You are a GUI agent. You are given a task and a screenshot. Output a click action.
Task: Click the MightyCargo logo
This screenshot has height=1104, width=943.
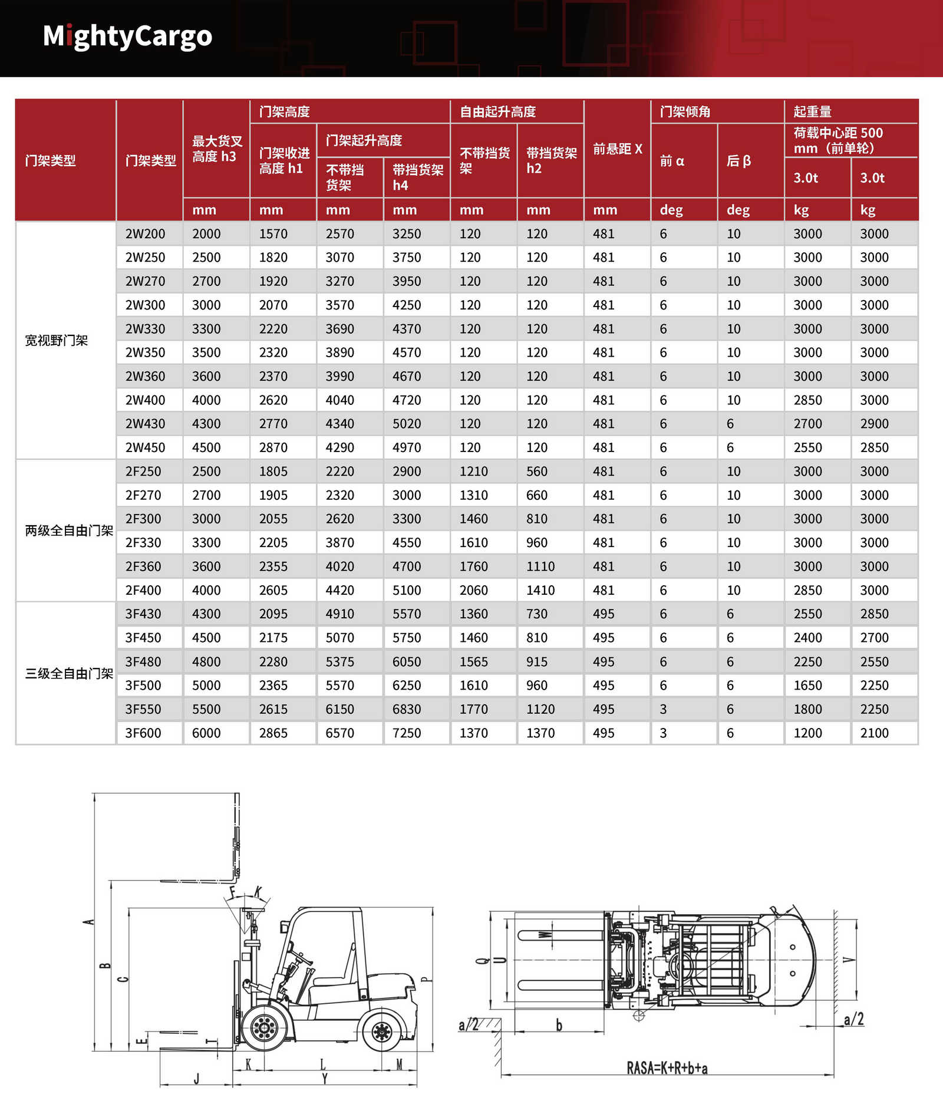point(127,37)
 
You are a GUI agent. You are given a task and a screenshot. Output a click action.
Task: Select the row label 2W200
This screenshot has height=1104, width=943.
point(145,234)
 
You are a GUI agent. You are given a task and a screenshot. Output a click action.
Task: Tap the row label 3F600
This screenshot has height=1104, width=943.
point(143,733)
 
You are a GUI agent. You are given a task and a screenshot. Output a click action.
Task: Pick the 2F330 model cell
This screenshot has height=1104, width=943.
point(143,543)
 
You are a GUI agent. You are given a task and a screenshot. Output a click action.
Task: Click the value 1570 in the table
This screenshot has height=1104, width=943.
point(273,234)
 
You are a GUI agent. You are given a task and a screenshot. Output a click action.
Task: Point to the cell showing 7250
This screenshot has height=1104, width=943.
point(407,733)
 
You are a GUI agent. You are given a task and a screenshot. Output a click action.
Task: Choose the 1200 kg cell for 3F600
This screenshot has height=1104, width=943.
point(807,733)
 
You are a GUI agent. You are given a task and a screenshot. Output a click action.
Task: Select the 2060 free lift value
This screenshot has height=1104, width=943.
point(474,590)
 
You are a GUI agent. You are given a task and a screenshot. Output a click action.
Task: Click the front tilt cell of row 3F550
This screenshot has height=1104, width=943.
point(664,709)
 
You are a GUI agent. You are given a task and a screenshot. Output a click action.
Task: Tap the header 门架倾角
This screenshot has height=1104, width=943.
point(685,111)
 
